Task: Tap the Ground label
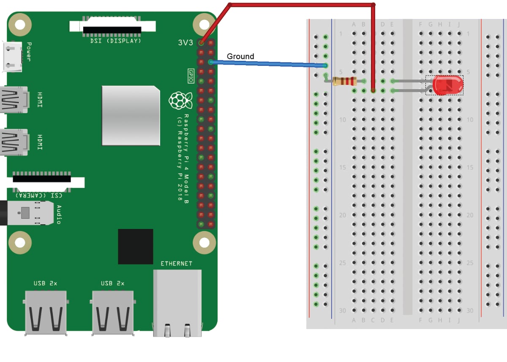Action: click(x=240, y=56)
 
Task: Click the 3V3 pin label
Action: click(x=186, y=43)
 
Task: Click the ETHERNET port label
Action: click(x=176, y=264)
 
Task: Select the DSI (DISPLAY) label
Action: click(x=116, y=41)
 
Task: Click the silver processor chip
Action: click(x=131, y=116)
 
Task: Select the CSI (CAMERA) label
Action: click(x=39, y=195)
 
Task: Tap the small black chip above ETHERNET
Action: click(x=135, y=247)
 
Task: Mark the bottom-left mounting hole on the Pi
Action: click(x=20, y=243)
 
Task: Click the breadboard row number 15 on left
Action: click(x=343, y=168)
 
